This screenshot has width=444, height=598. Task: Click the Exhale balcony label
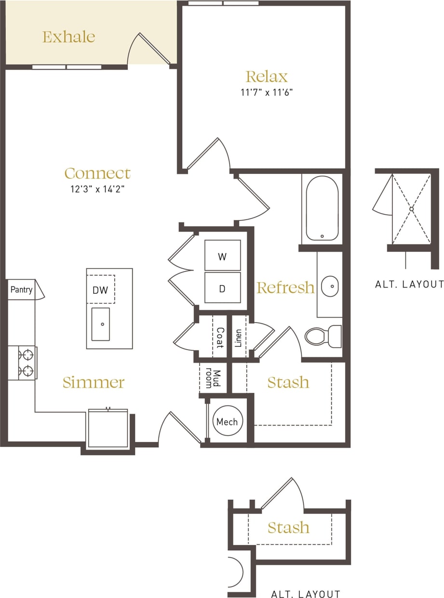click(68, 37)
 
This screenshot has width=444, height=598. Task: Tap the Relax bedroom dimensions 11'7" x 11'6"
click(267, 92)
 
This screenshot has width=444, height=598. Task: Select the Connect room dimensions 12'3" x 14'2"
click(97, 189)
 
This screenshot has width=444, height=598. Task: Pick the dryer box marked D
click(222, 288)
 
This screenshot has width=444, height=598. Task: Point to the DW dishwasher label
click(100, 290)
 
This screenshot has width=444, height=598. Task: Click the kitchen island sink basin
click(101, 324)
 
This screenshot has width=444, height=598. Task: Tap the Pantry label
click(21, 290)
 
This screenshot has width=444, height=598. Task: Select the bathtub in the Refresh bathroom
click(322, 208)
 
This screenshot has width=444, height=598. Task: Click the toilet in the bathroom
click(322, 336)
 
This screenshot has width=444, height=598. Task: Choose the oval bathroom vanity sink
click(330, 286)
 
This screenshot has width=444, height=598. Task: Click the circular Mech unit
click(227, 422)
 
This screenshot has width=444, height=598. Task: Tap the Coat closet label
click(219, 338)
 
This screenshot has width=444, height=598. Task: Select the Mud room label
click(213, 379)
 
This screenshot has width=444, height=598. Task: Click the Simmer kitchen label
click(94, 383)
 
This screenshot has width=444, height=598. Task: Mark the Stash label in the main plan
click(288, 382)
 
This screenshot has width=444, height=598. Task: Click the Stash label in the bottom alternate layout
click(288, 528)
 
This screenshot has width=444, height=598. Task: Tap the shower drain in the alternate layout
click(412, 209)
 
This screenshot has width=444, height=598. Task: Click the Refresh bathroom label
click(285, 287)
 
